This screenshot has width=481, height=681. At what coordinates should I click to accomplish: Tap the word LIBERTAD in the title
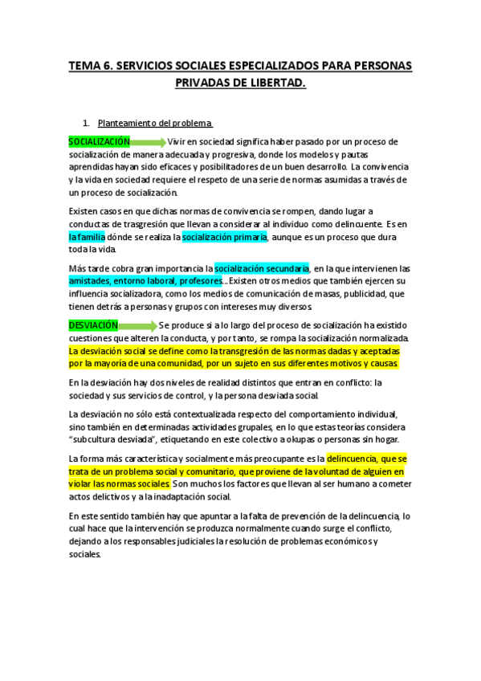(277, 83)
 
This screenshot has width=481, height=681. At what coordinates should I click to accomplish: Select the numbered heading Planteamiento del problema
(154, 123)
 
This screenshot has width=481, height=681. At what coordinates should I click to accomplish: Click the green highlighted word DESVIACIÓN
(93, 325)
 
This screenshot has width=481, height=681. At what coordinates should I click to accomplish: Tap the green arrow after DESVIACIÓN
(137, 326)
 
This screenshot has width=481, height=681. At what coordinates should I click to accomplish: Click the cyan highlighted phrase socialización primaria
(224, 237)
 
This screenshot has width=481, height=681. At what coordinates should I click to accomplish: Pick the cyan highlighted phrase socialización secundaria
(262, 268)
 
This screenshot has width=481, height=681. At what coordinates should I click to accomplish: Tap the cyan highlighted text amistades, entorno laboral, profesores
(145, 281)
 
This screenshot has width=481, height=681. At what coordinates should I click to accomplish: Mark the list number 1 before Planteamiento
(85, 123)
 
